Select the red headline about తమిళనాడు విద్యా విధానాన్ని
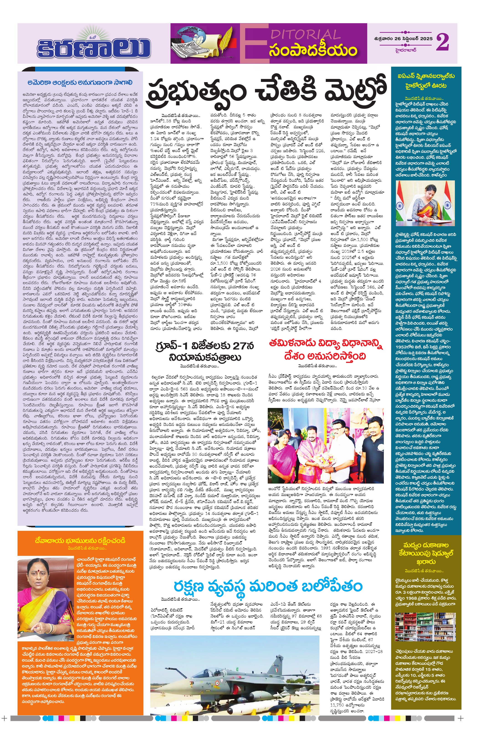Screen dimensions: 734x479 325,350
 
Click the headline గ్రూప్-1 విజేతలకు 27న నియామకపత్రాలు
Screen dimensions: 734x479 205,351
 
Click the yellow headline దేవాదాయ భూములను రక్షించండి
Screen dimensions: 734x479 80,541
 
